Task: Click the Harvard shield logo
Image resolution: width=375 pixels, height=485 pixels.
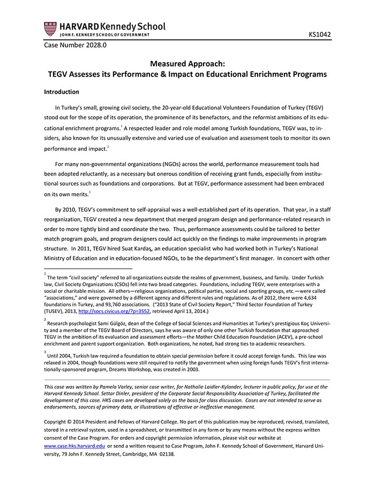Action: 50,29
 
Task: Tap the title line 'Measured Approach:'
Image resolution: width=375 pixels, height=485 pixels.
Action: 187,63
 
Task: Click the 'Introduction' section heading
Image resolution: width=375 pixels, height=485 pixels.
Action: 62,92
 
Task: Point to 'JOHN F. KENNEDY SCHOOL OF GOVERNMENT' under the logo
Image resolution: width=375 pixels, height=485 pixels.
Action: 97,35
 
